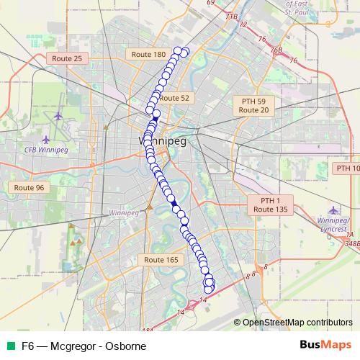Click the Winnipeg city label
[162, 141]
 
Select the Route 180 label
[150, 54]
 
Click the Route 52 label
[174, 98]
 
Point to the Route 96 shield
[30, 187]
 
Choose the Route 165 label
[161, 259]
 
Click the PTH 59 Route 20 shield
[253, 106]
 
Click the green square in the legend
[9, 346]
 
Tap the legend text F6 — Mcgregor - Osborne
[84, 346]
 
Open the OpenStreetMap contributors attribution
[297, 322]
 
